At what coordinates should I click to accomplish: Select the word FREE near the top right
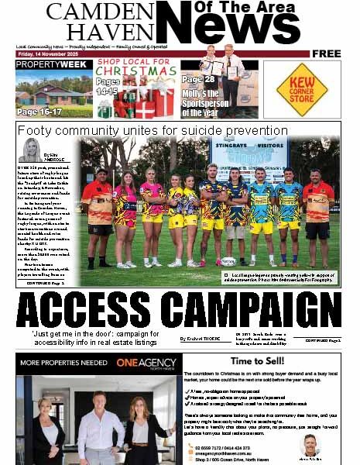327,53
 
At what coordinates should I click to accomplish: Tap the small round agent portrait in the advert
310,444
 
